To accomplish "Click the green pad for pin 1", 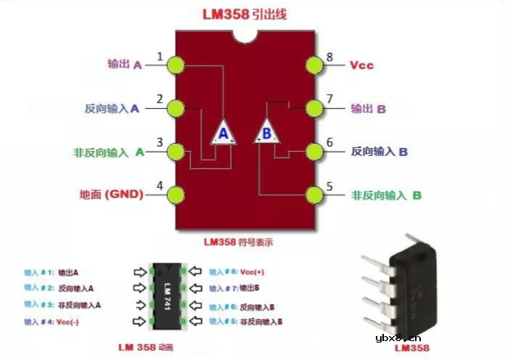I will point(175,65).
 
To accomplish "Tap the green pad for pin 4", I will point(175,195).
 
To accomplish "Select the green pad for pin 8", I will point(314,65).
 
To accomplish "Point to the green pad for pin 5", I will point(314,195).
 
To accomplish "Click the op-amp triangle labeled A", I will point(223,133).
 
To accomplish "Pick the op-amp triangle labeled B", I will point(266,132).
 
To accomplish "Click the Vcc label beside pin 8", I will point(361,65).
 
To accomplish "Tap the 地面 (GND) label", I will point(111,195).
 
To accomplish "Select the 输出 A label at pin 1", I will point(124,65).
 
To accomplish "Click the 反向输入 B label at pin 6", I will point(379,152).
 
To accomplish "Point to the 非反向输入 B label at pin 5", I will point(386,195).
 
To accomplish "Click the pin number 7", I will point(329,99).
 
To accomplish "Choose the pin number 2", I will point(160,99).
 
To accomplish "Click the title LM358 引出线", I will point(245,14).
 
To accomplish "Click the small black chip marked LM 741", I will point(168,297).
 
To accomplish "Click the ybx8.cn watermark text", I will point(398,337).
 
